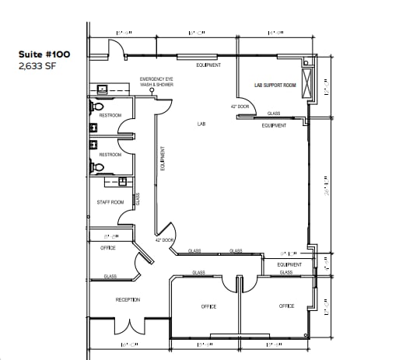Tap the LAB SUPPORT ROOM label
(275, 85)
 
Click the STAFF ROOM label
(110, 202)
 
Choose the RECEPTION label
(128, 299)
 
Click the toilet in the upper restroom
(97, 107)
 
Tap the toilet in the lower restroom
(97, 166)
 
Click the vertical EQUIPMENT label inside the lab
(162, 160)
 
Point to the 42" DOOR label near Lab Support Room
(240, 106)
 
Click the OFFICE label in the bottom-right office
(286, 306)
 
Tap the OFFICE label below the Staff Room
(108, 248)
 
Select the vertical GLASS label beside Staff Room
(138, 199)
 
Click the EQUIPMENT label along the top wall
(208, 65)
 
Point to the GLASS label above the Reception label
(110, 276)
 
